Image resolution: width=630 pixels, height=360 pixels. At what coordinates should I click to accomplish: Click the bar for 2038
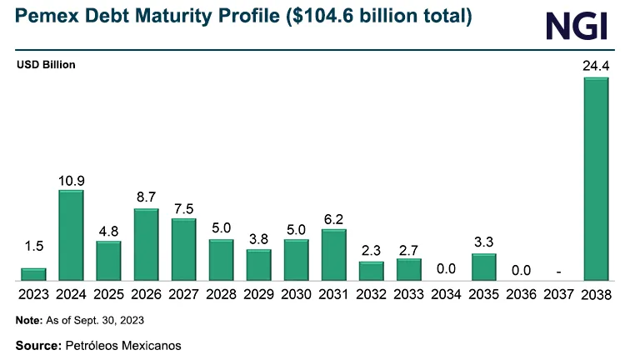click(596, 179)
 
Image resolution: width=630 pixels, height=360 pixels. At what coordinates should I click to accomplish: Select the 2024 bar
click(71, 236)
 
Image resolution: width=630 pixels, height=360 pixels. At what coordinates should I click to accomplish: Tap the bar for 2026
click(146, 245)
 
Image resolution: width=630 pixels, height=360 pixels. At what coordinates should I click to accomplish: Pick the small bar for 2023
click(33, 274)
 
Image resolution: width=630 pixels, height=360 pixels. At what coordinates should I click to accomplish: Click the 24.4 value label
click(596, 65)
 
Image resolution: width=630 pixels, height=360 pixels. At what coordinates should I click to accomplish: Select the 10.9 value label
click(71, 179)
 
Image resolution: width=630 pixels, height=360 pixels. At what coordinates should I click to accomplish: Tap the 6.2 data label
click(334, 218)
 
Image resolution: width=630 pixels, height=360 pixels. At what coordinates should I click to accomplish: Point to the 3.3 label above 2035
click(484, 242)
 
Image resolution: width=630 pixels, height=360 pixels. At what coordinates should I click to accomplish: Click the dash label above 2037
click(559, 270)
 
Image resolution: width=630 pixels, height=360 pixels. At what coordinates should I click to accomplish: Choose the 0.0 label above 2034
click(447, 269)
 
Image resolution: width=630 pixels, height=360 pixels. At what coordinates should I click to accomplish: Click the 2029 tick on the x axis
click(258, 294)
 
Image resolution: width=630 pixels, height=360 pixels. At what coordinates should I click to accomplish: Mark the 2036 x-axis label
click(522, 294)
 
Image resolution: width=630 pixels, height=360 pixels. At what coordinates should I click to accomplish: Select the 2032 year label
click(372, 294)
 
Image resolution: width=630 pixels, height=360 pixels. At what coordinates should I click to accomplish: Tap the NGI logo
click(577, 25)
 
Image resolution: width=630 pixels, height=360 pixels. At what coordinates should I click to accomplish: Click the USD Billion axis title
click(47, 64)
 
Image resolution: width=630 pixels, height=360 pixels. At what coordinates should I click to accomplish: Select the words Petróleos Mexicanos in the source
click(122, 344)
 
